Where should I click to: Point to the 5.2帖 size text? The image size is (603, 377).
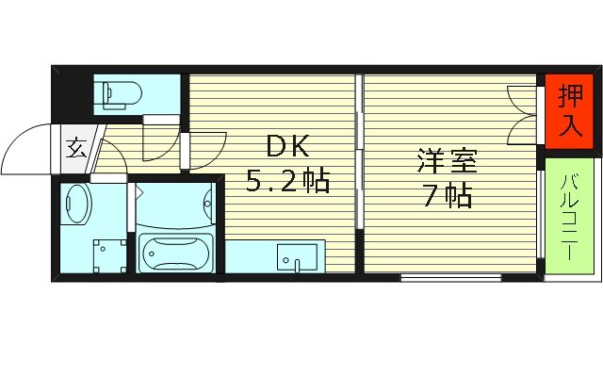287,179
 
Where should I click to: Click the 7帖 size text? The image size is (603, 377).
448,197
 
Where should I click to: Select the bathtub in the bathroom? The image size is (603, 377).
175,253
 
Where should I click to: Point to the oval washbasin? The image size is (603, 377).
77,203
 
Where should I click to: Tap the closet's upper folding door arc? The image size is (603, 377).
521,95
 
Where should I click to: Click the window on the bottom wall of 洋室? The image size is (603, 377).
449,277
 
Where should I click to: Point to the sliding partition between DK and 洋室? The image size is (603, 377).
359,170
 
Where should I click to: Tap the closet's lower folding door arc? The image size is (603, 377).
521,129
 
